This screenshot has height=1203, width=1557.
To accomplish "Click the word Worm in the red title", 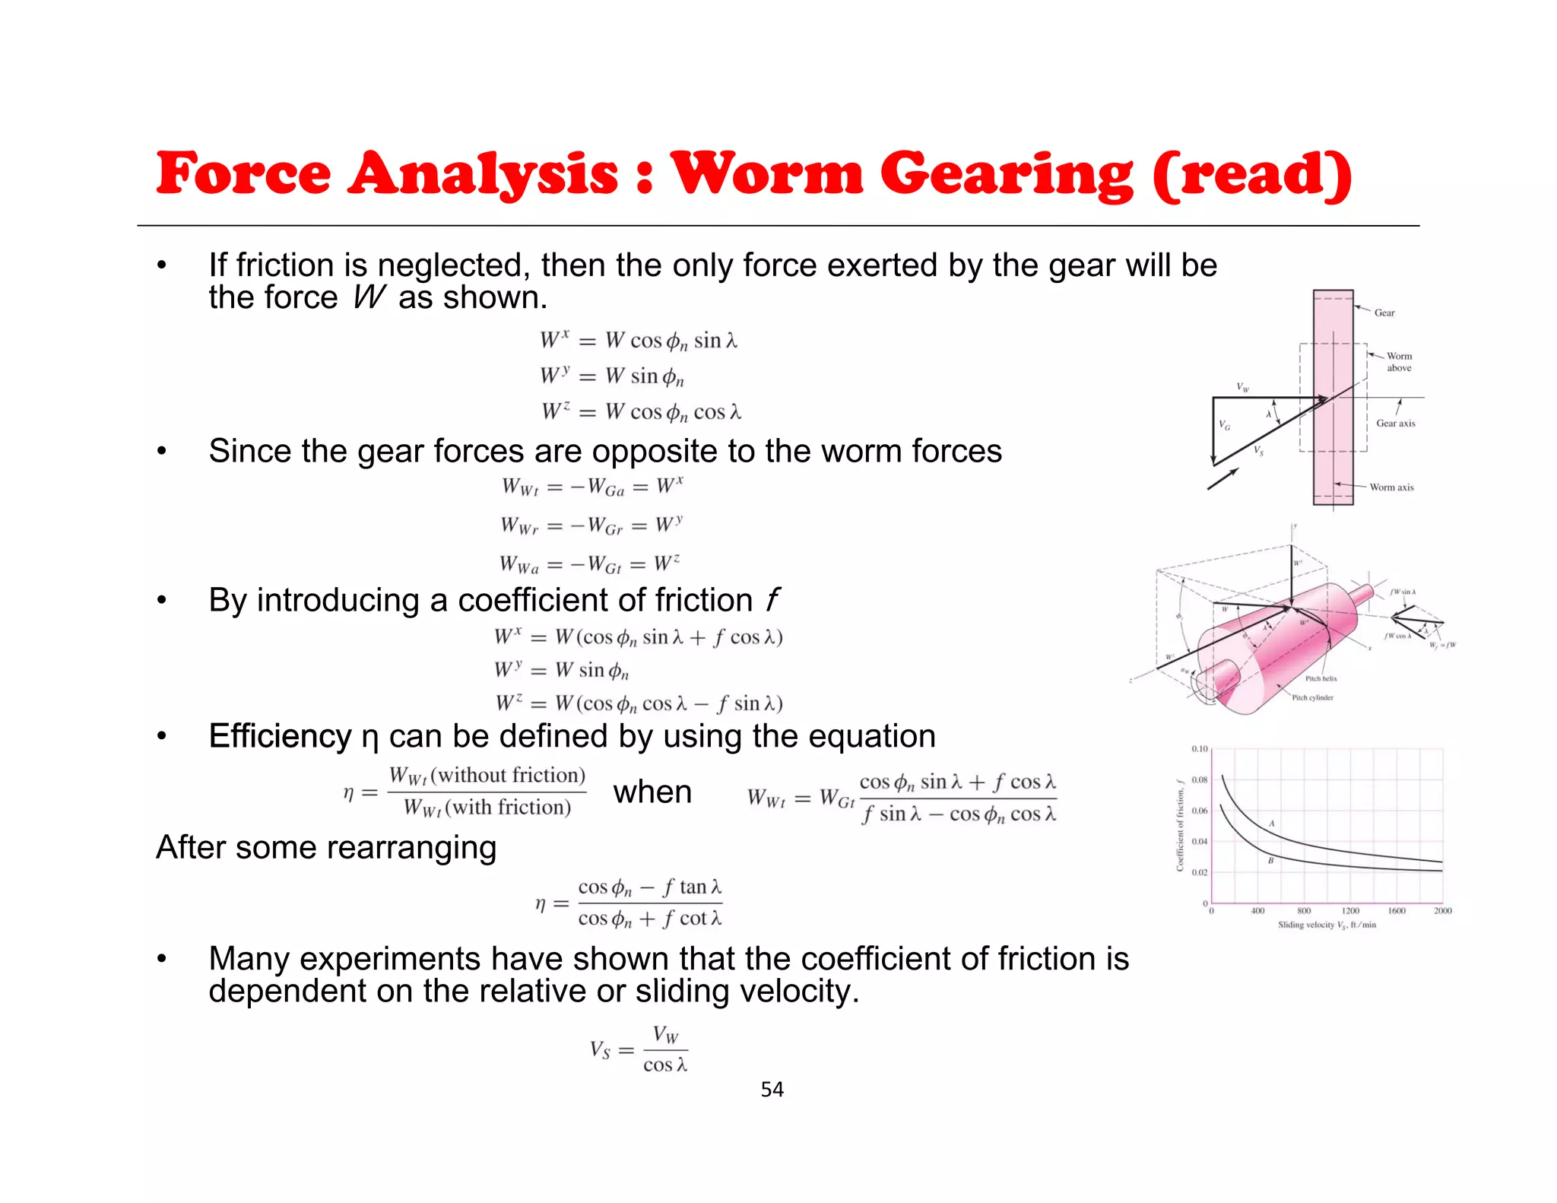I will pos(766,173).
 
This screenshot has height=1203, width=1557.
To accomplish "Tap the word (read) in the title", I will pos(1251,175).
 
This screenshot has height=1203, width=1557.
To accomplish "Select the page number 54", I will pos(772,1090).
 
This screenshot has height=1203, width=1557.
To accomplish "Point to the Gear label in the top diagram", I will pos(1384,313).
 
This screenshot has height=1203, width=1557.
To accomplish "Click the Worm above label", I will pos(1399,362).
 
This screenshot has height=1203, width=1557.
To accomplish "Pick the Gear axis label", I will pos(1395,424).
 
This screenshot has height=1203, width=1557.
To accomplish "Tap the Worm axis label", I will pos(1391,487).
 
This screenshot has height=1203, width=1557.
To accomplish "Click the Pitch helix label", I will pos(1321,678).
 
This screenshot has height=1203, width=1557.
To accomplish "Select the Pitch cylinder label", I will pos(1312,697).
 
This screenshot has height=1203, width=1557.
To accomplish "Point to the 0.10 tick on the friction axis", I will pos(1199,749).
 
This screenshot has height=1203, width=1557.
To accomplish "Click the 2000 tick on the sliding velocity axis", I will pos(1442,911).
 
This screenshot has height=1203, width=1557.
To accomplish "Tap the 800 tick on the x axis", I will pos(1304,911).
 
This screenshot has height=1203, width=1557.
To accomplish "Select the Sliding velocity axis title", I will pos(1327,925).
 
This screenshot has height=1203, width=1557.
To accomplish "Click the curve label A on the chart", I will pos(1272,824).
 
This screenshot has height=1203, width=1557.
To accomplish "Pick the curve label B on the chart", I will pos(1270,861).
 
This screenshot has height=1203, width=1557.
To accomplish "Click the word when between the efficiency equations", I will pos(652,792).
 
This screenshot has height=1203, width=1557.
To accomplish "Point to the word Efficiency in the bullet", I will pos(280,736).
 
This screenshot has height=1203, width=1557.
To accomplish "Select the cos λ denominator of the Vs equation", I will pos(665,1065).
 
